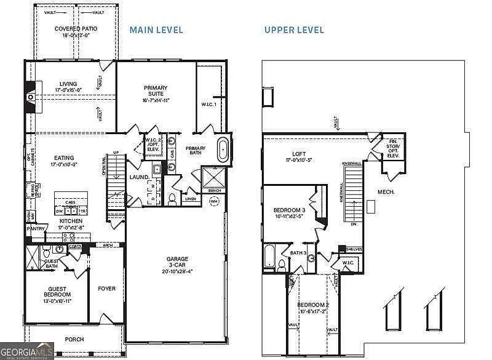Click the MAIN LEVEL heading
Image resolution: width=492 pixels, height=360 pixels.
click(x=156, y=30)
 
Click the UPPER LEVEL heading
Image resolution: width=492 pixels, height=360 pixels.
click(x=294, y=30)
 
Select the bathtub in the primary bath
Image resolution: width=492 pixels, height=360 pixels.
click(x=223, y=150)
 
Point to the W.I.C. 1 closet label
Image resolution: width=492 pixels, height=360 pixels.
click(x=208, y=104)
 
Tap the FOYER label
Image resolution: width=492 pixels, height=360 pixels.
click(x=106, y=288)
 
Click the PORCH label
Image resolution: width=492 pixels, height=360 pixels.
click(x=74, y=339)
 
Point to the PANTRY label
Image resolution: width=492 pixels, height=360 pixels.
click(x=35, y=229)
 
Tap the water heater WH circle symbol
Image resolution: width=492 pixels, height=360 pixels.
click(x=214, y=201)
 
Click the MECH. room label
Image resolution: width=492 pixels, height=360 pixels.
click(x=386, y=192)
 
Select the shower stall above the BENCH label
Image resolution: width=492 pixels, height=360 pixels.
click(x=213, y=178)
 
